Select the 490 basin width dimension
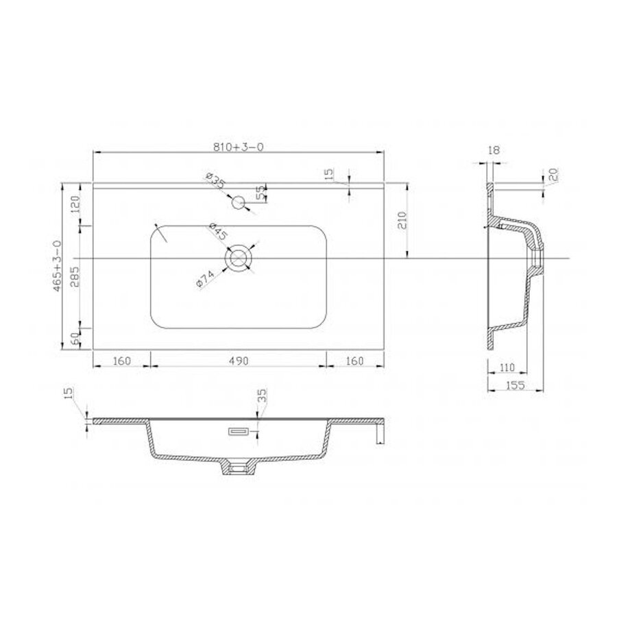click(237, 361)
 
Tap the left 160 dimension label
click(121, 361)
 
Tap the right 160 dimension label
click(354, 361)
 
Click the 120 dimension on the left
click(76, 204)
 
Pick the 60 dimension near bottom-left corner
click(76, 337)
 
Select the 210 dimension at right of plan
click(402, 221)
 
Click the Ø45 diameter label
click(217, 232)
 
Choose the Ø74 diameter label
click(206, 280)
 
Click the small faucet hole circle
click(239, 202)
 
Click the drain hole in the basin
click(239, 258)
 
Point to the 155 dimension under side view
click(515, 385)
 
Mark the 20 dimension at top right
click(553, 176)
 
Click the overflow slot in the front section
click(239, 432)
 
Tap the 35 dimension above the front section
click(262, 396)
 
